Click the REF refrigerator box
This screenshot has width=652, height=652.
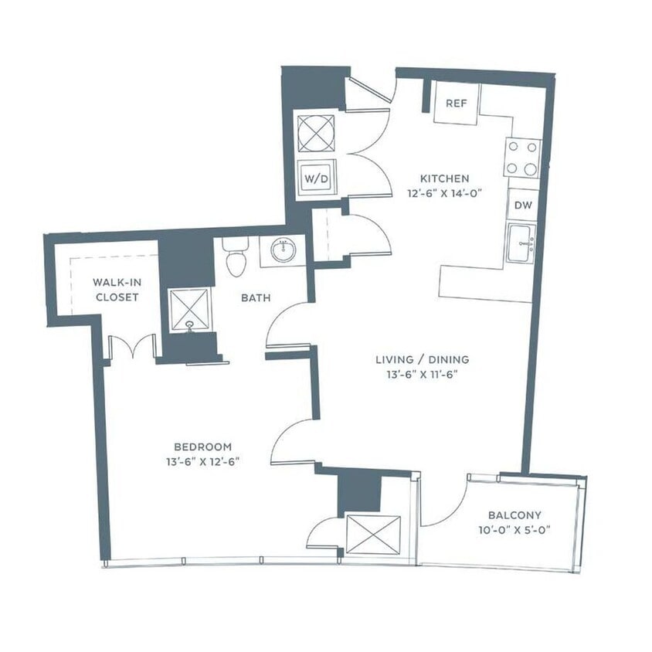pos(456,104)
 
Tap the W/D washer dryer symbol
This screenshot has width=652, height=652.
pos(316,178)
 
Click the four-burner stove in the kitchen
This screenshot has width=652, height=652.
pos(521,158)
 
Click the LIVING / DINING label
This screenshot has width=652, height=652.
pos(422,359)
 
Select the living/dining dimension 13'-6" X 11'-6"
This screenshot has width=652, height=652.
pos(422,375)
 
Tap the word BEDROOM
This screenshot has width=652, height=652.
pos(202,447)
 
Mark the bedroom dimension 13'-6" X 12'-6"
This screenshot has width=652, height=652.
pos(202,462)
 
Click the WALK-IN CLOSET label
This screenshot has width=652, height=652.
pos(116,289)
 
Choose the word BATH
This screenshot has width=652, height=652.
pos(256,297)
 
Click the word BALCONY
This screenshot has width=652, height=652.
pos(514,515)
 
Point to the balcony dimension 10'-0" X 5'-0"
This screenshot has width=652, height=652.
pos(514,531)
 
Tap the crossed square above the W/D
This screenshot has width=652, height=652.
pos(316,134)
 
